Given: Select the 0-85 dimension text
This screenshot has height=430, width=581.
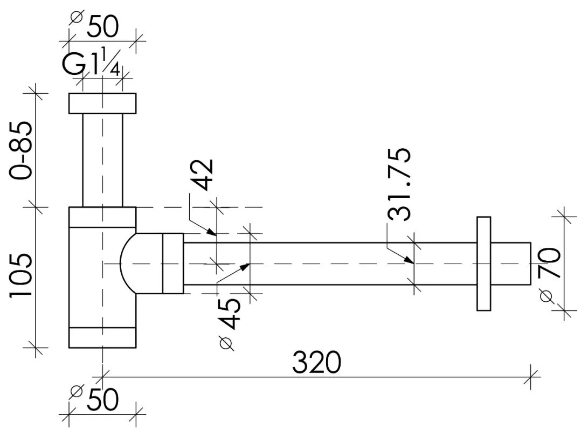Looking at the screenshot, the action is click(21, 150).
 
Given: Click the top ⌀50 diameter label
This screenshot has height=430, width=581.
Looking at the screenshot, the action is click(94, 25).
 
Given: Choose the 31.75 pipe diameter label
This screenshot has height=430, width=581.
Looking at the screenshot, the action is click(399, 184).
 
